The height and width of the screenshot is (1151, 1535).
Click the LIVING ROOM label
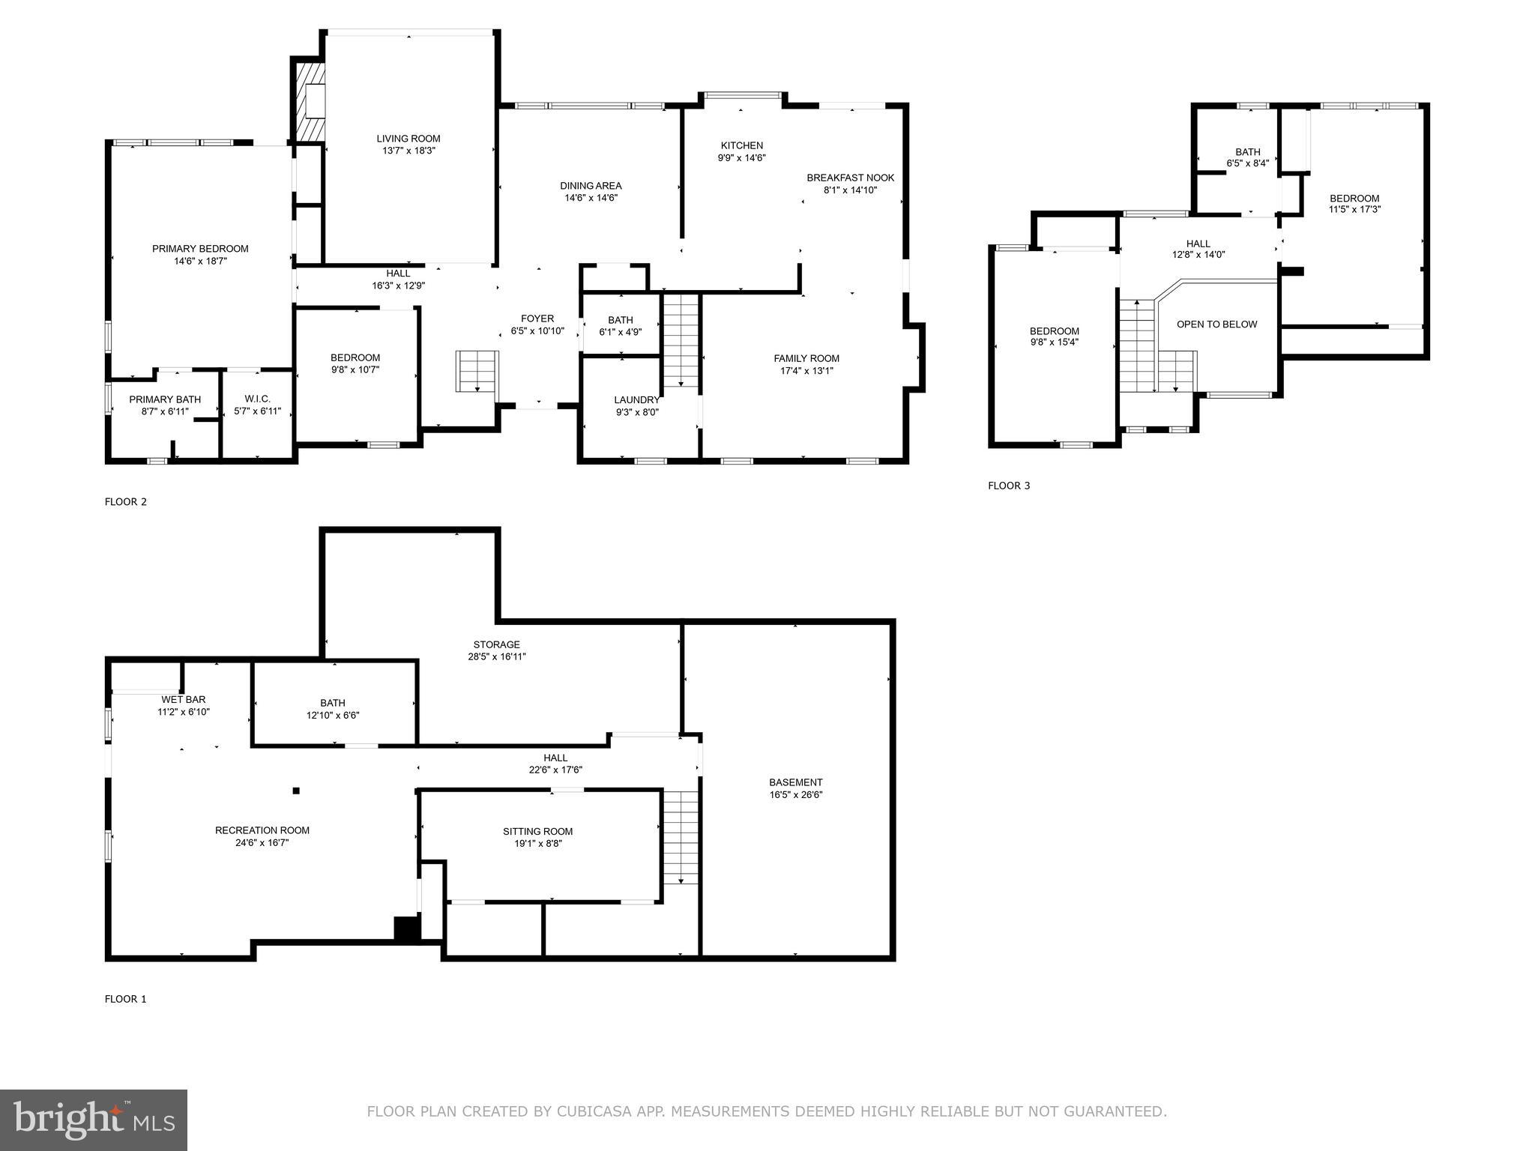tap(408, 139)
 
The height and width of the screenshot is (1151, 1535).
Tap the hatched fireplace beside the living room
tap(309, 101)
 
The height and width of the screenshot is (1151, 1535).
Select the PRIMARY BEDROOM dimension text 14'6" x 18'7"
tap(200, 262)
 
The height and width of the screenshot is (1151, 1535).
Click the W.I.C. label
tap(257, 399)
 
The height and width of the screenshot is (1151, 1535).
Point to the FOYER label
tap(537, 318)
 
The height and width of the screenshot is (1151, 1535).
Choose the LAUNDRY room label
tap(636, 400)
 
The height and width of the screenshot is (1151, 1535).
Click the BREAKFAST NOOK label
tap(850, 178)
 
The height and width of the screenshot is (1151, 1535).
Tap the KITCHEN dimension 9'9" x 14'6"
tap(741, 158)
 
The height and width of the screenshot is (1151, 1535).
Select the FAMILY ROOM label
tap(806, 358)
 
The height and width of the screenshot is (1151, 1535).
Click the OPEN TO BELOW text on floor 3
tap(1216, 324)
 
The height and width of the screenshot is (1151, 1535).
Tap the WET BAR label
tap(183, 700)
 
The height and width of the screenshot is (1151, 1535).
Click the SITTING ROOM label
tap(537, 831)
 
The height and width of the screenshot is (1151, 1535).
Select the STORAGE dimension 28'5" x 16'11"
tap(496, 657)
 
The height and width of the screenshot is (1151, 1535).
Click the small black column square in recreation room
tap(296, 791)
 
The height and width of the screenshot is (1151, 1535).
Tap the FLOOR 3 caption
tap(1008, 486)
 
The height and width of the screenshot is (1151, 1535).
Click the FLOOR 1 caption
tap(125, 999)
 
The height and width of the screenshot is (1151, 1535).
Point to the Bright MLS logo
tap(93, 1120)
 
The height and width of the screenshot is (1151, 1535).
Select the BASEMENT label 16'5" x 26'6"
tap(795, 782)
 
